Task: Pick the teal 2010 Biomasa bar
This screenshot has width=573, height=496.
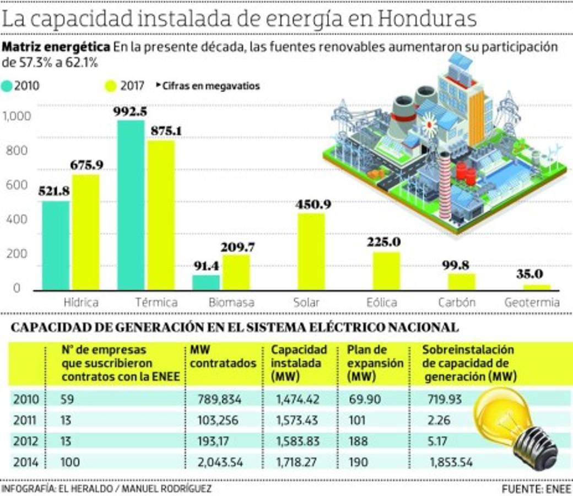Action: (206, 283)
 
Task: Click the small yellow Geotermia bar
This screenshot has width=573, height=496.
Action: (536, 287)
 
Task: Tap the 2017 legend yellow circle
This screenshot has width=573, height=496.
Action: (110, 86)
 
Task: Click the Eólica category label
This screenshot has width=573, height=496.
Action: (382, 303)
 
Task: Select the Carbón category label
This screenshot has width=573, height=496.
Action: (457, 303)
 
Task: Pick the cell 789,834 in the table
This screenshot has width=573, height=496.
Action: (220, 399)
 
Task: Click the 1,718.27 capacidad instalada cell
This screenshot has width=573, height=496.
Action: (295, 462)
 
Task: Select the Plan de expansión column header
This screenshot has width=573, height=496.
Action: (375, 363)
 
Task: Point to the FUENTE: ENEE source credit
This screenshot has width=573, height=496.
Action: (536, 489)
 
